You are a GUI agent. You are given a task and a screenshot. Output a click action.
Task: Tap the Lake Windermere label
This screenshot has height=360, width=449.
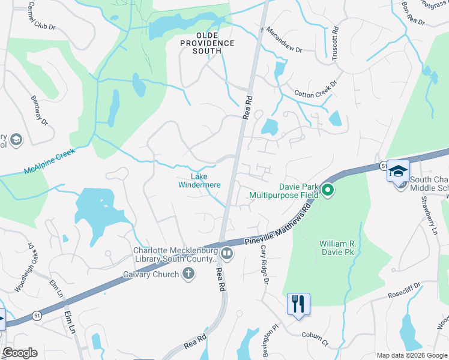[x=199, y=181]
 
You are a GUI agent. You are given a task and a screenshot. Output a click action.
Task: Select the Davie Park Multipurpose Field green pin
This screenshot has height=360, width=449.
[x=328, y=191]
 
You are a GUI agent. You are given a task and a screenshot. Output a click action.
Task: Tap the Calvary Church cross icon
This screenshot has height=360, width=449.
[x=188, y=274]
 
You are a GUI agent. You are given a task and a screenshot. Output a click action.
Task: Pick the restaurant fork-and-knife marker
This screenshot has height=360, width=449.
[x=298, y=304]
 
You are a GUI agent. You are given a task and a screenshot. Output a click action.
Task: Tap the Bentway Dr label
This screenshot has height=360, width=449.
[x=40, y=110]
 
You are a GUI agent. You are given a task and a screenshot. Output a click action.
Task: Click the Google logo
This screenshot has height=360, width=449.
[x=20, y=353]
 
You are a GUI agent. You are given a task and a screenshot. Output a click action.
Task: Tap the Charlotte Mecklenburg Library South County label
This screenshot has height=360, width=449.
[x=174, y=255]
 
